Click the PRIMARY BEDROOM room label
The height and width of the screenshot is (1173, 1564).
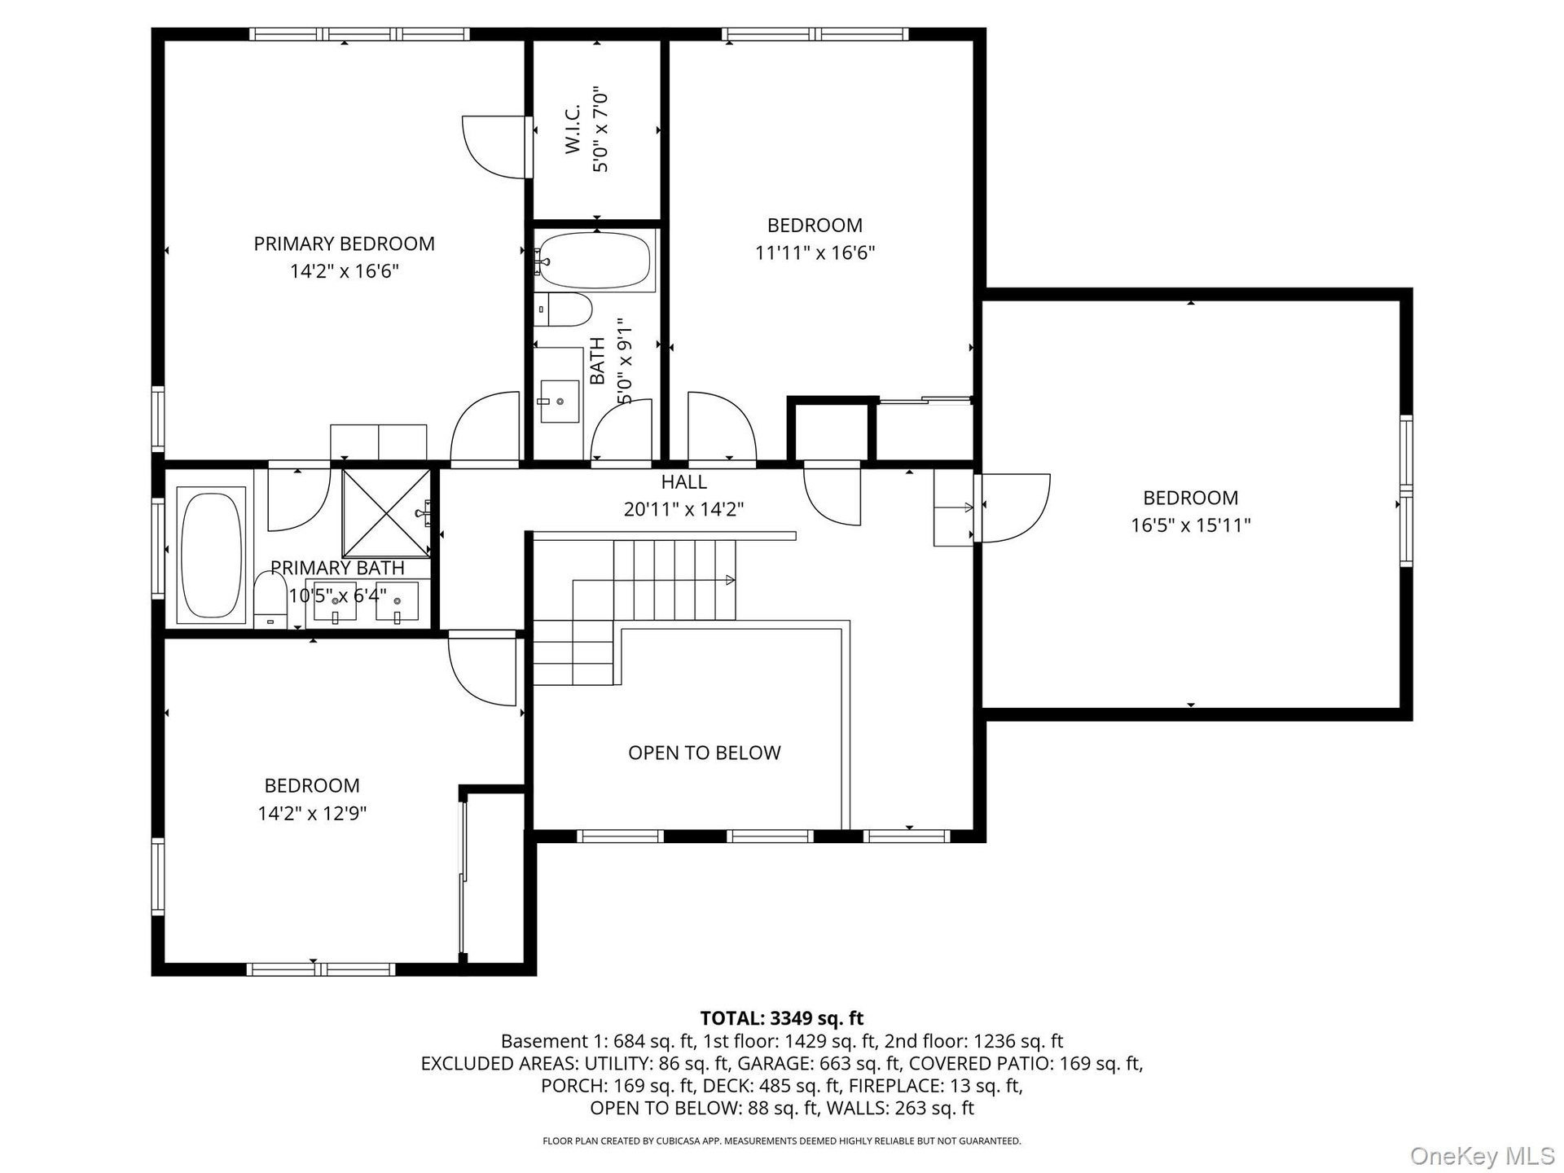[x=344, y=244]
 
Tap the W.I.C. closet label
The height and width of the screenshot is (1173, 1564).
[x=573, y=129]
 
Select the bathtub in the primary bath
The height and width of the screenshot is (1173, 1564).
[x=211, y=556]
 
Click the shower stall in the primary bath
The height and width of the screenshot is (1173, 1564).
[x=385, y=513]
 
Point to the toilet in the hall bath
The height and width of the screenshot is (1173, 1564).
[x=562, y=310]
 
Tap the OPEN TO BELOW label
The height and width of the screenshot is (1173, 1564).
[x=704, y=753]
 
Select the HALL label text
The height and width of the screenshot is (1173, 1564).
[x=683, y=481]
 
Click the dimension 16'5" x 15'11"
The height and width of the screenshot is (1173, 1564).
[x=1190, y=525]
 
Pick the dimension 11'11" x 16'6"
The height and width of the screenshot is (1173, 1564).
[x=815, y=253]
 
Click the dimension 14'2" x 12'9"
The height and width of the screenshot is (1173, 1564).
[x=312, y=813]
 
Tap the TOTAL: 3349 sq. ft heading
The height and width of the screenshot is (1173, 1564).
[x=782, y=1018]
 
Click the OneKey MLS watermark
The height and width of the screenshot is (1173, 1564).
[x=1482, y=1154]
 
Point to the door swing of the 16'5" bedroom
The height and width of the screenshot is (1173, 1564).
[x=1016, y=507]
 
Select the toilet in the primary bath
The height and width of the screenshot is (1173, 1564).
[x=270, y=600]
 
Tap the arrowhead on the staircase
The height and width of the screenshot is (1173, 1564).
[x=731, y=580]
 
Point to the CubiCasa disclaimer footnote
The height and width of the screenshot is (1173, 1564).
[x=782, y=1141]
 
